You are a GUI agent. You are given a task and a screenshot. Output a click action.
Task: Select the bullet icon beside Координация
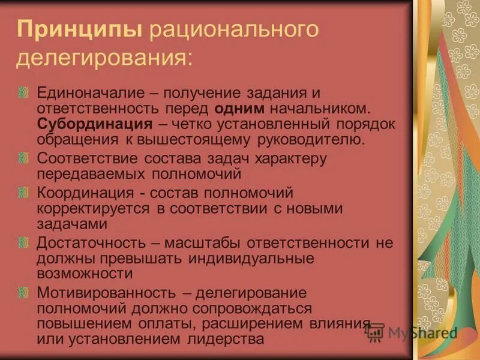coord(23,191)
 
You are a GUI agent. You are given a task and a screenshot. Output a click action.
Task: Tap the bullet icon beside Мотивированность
coord(23,291)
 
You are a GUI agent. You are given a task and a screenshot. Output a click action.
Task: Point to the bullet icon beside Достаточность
coord(23,241)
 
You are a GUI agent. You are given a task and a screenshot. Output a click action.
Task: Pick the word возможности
coord(85,274)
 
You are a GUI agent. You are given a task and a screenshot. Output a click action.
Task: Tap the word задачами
coord(73,224)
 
